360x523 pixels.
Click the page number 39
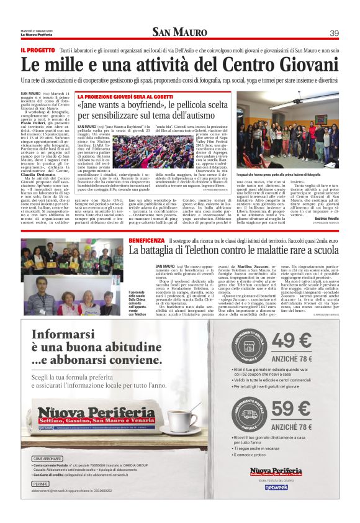point(334,33)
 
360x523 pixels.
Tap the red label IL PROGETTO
point(37,50)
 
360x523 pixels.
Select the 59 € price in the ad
point(291,409)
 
